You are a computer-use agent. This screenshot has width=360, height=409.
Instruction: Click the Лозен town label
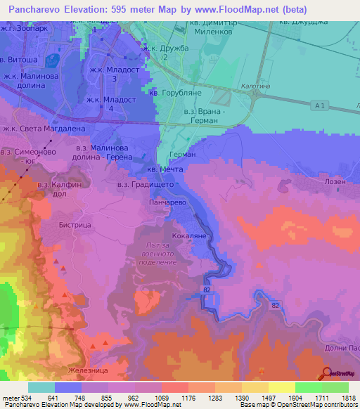335,181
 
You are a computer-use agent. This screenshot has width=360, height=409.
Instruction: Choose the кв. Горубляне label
176,91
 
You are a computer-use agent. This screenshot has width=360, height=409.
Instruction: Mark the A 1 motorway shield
322,105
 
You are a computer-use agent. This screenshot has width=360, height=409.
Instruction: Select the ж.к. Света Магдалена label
34,129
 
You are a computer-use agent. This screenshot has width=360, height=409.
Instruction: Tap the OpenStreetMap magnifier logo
326,372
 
